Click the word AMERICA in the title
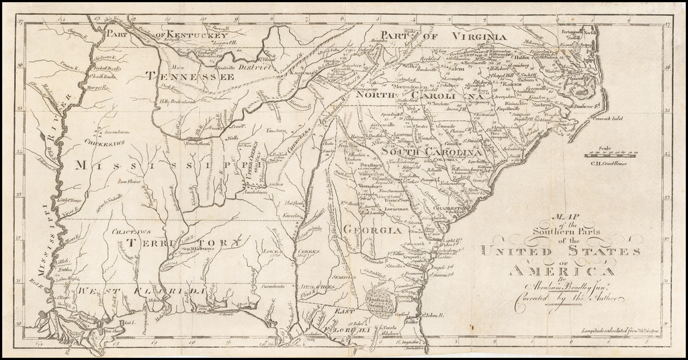[x=561, y=270]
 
